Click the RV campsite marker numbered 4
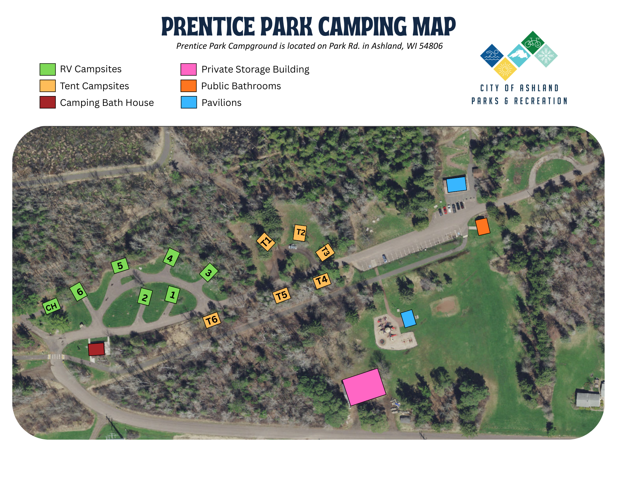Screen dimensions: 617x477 coord(171,257)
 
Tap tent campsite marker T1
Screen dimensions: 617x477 coord(266,242)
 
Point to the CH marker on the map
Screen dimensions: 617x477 coord(52,306)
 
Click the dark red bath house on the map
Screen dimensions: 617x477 coord(96,349)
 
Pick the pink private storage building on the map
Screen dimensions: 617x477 coord(364,387)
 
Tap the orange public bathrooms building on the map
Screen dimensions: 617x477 coord(482,227)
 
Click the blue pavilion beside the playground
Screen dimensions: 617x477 coord(408,319)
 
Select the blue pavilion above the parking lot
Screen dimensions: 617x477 coord(456,184)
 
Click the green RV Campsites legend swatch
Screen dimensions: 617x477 coord(48,69)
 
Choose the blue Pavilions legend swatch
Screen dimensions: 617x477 coord(188,103)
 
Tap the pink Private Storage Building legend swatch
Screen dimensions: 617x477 coord(188,69)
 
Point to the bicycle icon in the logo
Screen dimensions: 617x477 coord(532,43)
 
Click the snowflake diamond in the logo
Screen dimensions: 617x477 coord(546,56)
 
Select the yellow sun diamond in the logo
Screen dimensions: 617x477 coord(505,69)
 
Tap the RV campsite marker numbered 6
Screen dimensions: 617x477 coord(78,291)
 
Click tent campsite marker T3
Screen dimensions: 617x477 coord(325,252)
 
